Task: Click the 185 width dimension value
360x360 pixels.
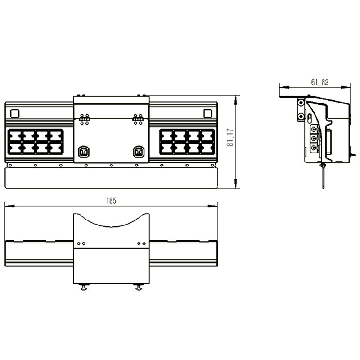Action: [x=111, y=201]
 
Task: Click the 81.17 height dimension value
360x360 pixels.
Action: [x=230, y=137]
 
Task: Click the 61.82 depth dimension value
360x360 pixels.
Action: [x=320, y=82]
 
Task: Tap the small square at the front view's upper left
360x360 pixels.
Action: [x=15, y=113]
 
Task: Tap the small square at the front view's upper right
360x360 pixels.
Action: [x=208, y=113]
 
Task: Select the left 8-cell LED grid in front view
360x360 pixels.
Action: [x=36, y=142]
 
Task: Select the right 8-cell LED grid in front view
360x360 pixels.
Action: [x=187, y=142]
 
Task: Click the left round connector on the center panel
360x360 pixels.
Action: [x=84, y=152]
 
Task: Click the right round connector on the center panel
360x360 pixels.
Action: [x=139, y=152]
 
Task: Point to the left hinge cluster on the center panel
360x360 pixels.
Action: [x=84, y=119]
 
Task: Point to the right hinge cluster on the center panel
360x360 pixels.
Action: [x=138, y=119]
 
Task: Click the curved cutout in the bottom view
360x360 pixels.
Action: [x=111, y=220]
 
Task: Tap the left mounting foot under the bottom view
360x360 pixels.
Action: [x=84, y=287]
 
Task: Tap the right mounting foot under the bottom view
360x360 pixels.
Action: [x=139, y=287]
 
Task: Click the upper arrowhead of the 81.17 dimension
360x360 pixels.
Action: [x=235, y=100]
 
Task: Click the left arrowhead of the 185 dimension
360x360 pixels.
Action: [x=9, y=206]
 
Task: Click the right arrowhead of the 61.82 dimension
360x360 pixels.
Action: [x=346, y=87]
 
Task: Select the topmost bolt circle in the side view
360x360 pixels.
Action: [x=301, y=103]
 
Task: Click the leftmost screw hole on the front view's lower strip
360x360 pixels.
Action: [x=10, y=165]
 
